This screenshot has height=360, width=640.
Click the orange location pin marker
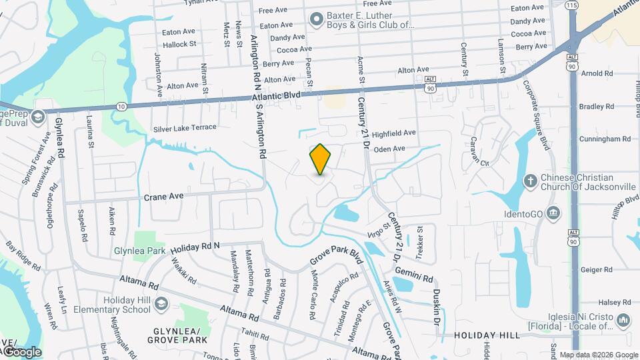coord(321,159)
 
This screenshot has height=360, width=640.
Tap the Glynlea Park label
coord(139,251)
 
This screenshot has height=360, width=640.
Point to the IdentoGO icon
coord(553,213)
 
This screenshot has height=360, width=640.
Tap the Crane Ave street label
coord(163,197)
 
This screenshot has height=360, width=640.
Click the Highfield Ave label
coord(393,133)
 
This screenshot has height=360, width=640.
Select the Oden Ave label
coord(389,149)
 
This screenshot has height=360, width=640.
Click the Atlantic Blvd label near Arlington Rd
coord(277,97)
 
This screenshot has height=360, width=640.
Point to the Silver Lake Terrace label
coord(185,127)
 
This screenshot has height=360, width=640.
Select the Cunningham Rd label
coord(605,139)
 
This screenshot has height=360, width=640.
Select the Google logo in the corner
coord(22,351)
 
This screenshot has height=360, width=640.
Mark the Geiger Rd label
coord(596,269)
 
